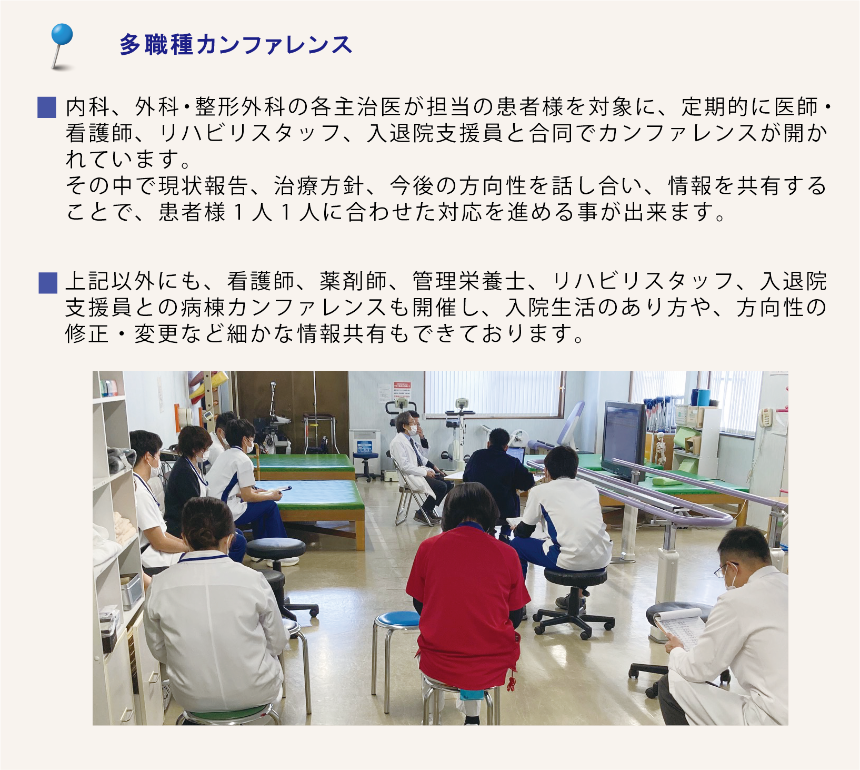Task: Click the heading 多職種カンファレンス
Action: point(236,45)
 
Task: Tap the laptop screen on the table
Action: point(516,455)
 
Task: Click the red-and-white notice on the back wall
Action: point(403,393)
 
